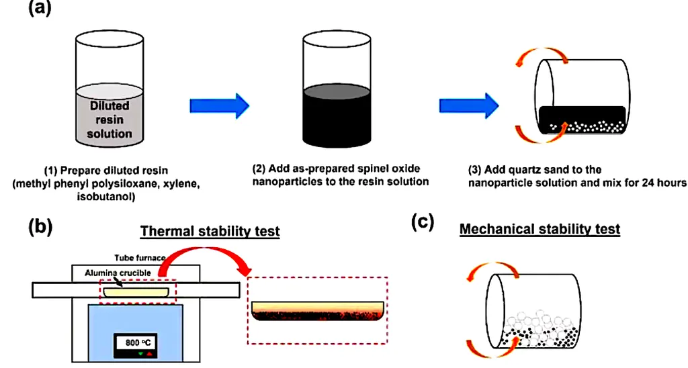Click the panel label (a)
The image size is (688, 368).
coord(40,8)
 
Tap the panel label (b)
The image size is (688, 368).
coord(40,227)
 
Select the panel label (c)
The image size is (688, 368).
coord(423,222)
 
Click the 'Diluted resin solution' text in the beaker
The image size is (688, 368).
coord(110,120)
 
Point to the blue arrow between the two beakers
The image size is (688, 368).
coord(220,105)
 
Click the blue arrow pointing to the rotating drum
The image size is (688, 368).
coord(468,105)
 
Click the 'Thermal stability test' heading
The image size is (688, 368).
coord(210,231)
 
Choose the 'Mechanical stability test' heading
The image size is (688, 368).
coord(540,229)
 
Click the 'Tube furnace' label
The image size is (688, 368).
coord(140,258)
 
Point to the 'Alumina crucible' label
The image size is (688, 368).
coord(118,273)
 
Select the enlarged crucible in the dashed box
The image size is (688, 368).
coord(318,311)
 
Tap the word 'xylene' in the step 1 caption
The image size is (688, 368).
coord(181,184)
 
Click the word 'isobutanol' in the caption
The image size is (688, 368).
coord(106,197)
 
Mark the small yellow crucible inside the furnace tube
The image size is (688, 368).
coord(136,292)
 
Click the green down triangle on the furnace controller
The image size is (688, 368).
coord(140,353)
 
